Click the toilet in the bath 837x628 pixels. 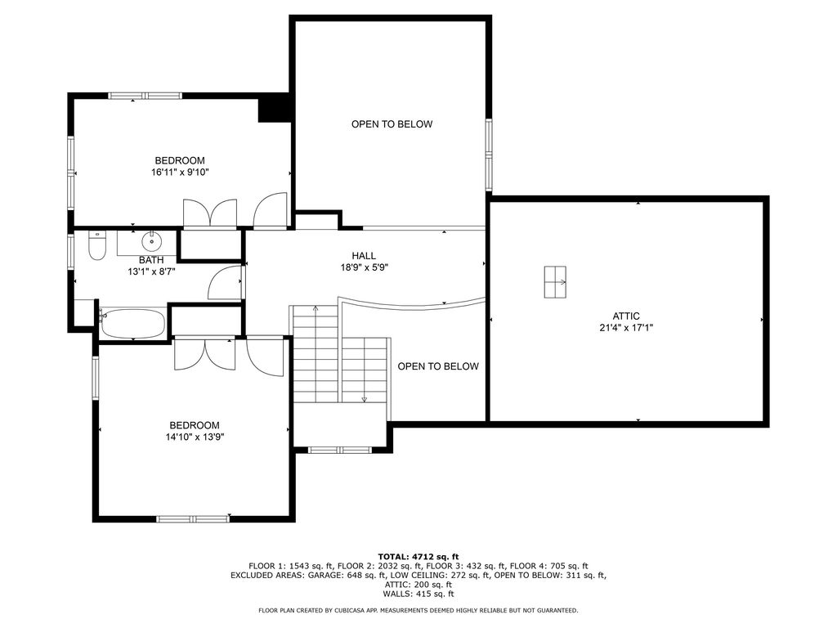pos(97,245)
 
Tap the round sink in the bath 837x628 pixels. pos(152,241)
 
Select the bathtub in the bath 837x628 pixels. pos(132,323)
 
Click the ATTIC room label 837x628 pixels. pos(626,316)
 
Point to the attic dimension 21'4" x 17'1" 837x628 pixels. pos(626,328)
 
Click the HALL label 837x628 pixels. pos(364,256)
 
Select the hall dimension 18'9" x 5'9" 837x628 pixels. pos(364,267)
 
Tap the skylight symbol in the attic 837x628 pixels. pos(555,282)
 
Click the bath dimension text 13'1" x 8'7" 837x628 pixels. pos(151,271)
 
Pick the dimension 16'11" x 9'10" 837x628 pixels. pos(180,172)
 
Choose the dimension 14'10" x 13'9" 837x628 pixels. pos(195,437)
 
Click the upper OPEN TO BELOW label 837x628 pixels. pos(392,124)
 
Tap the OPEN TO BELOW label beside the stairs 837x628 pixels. pos(438,366)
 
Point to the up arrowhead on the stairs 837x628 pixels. pos(316,308)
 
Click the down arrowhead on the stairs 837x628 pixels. pos(365,399)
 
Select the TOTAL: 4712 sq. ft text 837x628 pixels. pos(418,557)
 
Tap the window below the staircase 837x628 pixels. pos(341,451)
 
